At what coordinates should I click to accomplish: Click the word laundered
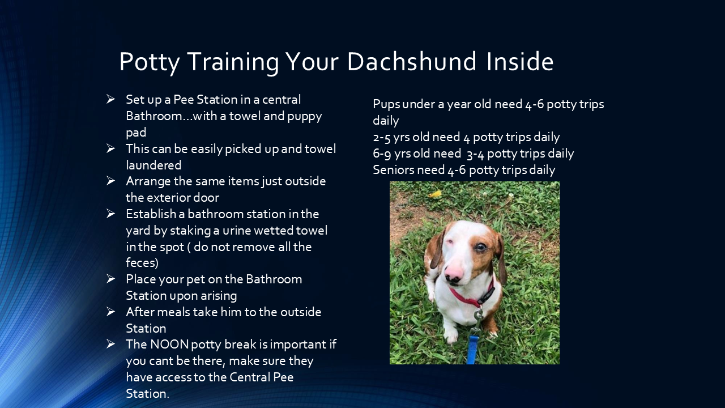(153, 165)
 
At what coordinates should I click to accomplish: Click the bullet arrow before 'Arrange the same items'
(111, 181)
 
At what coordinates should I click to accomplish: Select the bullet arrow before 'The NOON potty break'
(111, 344)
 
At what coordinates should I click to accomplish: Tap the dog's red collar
(470, 297)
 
